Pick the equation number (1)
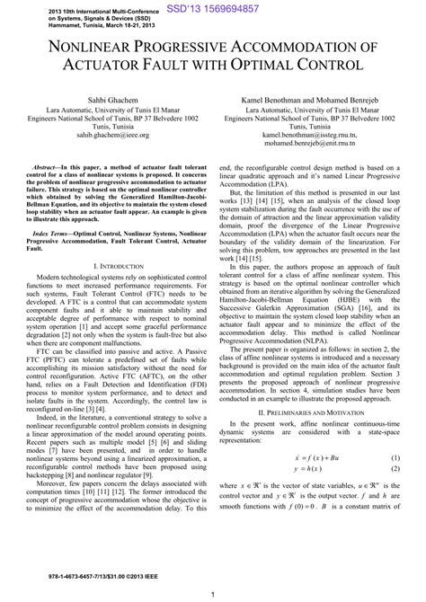click(x=395, y=484)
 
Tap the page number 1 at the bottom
click(x=212, y=593)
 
